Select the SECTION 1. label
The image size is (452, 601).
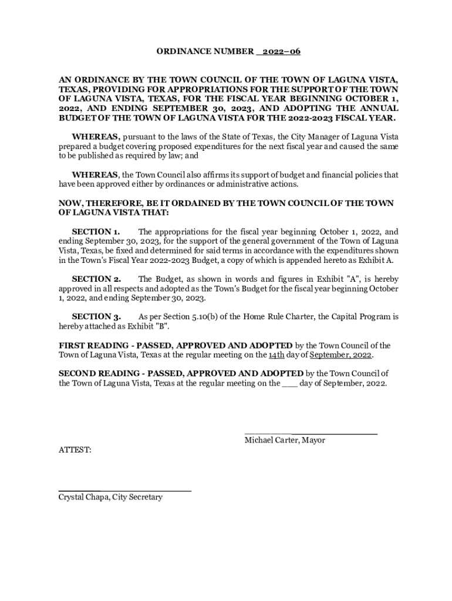tap(96, 232)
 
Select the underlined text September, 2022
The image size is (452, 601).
tap(341, 356)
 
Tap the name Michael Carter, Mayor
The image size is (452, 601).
tap(285, 440)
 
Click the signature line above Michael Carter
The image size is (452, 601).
tap(311, 433)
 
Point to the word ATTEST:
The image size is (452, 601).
tap(75, 450)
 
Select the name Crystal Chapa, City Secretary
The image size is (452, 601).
tap(110, 497)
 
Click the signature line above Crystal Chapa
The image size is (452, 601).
tap(124, 489)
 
